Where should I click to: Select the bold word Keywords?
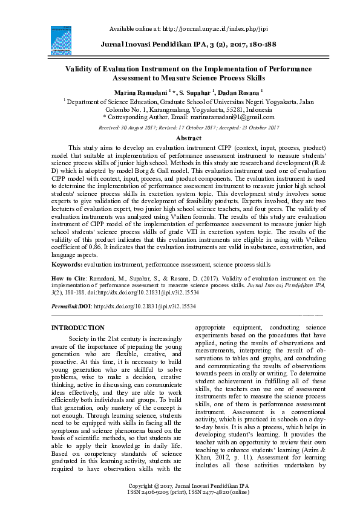(x=66, y=265)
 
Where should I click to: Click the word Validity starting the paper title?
(x=80, y=69)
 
